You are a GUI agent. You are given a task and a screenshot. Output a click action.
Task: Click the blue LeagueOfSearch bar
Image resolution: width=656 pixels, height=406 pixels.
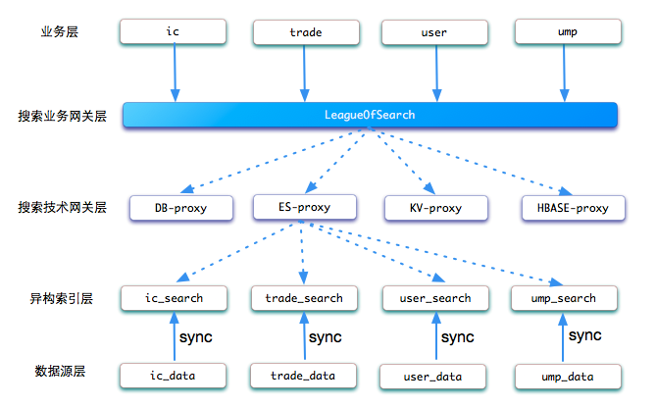pyautogui.click(x=370, y=115)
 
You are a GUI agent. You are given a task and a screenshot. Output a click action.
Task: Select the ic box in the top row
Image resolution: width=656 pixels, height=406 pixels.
pyautogui.click(x=173, y=31)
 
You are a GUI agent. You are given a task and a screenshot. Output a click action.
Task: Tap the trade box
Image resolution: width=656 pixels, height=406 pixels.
pyautogui.click(x=306, y=32)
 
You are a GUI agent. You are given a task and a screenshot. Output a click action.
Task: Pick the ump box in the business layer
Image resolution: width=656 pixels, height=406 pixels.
pyautogui.click(x=568, y=31)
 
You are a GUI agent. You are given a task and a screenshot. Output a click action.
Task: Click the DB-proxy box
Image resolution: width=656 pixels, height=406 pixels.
pyautogui.click(x=181, y=208)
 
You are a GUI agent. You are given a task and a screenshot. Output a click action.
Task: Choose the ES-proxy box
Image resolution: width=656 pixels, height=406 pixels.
pyautogui.click(x=305, y=207)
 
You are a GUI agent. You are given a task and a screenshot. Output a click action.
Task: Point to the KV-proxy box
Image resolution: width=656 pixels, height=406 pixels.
pyautogui.click(x=436, y=208)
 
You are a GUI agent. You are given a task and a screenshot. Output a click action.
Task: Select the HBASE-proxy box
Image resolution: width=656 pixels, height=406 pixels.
pyautogui.click(x=574, y=208)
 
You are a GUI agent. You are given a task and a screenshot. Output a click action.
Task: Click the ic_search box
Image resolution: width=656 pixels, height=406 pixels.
pyautogui.click(x=174, y=298)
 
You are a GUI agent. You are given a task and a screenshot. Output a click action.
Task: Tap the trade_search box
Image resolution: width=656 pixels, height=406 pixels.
pyautogui.click(x=304, y=298)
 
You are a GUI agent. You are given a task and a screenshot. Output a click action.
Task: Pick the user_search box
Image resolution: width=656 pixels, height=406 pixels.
pyautogui.click(x=435, y=298)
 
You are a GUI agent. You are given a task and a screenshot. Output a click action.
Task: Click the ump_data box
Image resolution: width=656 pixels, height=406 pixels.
pyautogui.click(x=568, y=377)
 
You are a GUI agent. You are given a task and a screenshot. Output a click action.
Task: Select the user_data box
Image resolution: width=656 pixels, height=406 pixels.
pyautogui.click(x=432, y=377)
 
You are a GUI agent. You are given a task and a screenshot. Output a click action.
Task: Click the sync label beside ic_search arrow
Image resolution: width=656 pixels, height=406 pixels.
pyautogui.click(x=196, y=337)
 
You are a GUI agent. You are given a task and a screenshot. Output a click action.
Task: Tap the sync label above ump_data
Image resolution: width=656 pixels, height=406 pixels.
pyautogui.click(x=584, y=335)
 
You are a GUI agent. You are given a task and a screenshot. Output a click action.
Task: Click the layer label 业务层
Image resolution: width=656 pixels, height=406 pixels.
pyautogui.click(x=60, y=31)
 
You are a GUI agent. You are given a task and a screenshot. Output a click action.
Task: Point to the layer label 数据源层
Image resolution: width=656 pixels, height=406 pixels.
pyautogui.click(x=60, y=371)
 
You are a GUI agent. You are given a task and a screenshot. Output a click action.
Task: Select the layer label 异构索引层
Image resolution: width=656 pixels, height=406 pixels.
pyautogui.click(x=61, y=298)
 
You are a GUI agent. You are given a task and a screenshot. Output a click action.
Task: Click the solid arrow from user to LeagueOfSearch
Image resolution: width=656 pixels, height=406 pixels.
pyautogui.click(x=436, y=73)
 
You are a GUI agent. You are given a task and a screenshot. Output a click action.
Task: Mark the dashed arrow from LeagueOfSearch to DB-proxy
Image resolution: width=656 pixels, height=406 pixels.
pyautogui.click(x=271, y=160)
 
